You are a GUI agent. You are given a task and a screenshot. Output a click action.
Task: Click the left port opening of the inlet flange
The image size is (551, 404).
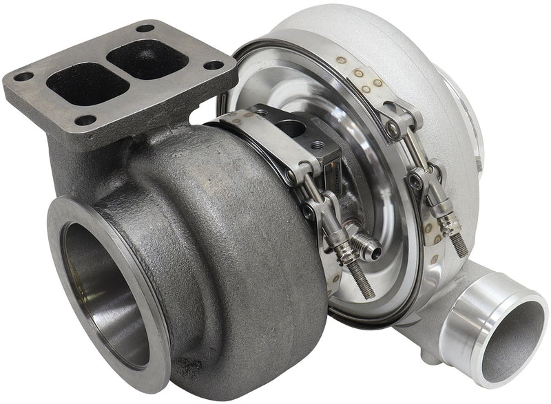coord(78,81)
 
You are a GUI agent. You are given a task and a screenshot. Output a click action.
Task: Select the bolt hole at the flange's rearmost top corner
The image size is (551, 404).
coord(145,28)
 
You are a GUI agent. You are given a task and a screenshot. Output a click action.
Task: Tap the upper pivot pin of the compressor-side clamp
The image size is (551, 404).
coord(392,127)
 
